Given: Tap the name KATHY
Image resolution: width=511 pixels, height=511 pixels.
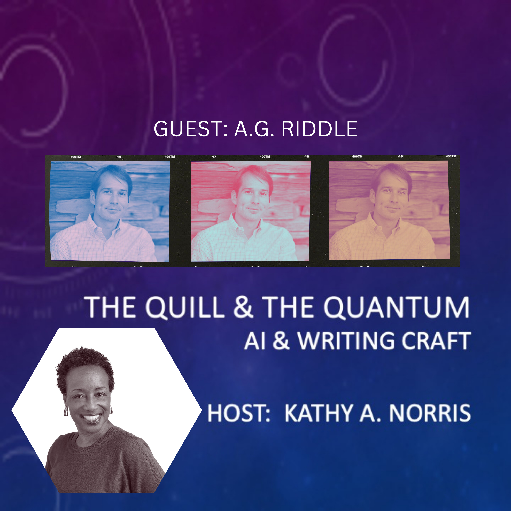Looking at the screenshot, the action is [x=319, y=413].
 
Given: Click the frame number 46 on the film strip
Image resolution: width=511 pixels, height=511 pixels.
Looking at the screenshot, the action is [x=119, y=157].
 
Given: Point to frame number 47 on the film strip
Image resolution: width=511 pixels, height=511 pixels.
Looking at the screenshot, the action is [x=214, y=157].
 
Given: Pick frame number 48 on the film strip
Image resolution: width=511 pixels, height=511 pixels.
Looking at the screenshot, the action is [x=307, y=157].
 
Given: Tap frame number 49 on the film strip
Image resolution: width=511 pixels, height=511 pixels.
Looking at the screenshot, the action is [x=400, y=156].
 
